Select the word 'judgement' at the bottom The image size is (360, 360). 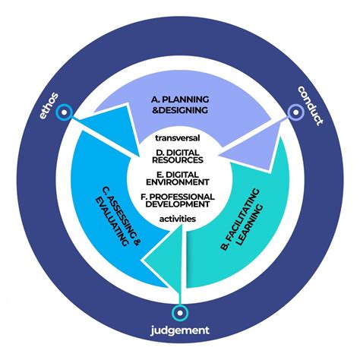coord(180,330)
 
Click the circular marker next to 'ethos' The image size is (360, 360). coord(65,112)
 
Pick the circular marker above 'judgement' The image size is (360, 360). coord(180,311)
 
